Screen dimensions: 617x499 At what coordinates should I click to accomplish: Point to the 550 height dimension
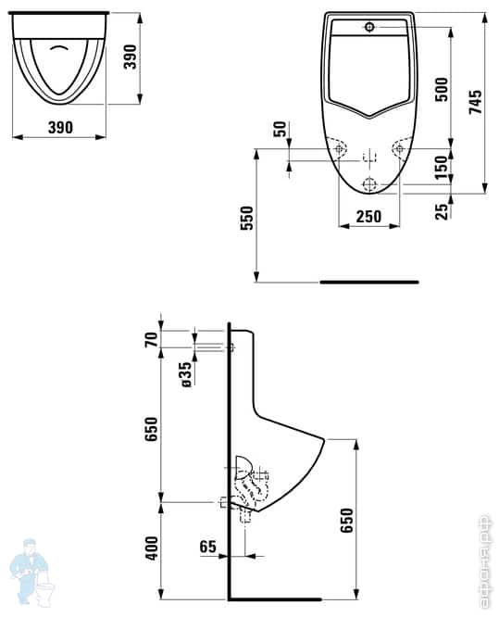coord(244,218)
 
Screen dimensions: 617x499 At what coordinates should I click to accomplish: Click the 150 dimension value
coord(442,168)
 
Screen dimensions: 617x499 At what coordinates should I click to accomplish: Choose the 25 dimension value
coord(442,210)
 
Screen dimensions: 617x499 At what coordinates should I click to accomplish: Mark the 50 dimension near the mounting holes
coord(281,130)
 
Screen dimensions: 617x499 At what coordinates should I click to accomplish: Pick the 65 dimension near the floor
coord(207,548)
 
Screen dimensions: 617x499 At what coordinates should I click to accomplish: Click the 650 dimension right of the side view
coord(346,523)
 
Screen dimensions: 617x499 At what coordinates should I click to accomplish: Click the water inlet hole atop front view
coord(368,27)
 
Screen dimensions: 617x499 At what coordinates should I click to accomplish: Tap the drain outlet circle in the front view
coord(368,183)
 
